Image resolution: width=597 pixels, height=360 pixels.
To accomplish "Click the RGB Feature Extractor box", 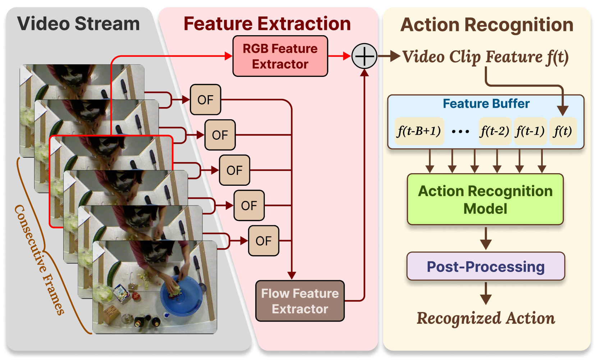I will [x=280, y=56].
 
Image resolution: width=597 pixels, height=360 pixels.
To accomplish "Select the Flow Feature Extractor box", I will [x=300, y=301].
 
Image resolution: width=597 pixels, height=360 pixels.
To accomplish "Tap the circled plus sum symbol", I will [x=364, y=56].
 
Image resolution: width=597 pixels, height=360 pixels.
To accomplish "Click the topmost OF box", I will [x=205, y=100].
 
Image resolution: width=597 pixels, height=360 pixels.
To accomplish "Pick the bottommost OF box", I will [x=263, y=241].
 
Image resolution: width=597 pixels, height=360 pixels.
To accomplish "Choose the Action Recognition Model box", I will [x=485, y=199].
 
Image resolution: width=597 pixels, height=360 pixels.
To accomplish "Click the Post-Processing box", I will [x=486, y=267].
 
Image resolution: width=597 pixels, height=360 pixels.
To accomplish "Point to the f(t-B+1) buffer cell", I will [x=419, y=131].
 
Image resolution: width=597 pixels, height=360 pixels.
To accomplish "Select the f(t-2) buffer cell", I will [x=495, y=131].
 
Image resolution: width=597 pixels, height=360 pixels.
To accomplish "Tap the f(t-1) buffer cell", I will [x=530, y=131].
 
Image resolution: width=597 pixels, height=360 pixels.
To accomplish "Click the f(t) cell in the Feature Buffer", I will [x=563, y=131].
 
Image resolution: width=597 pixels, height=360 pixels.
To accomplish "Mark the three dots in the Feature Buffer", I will [x=460, y=131].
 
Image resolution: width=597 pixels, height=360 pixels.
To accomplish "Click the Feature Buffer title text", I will [x=486, y=103].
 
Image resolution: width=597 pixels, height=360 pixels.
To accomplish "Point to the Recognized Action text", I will [x=486, y=318].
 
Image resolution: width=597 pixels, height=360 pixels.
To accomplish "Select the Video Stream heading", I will [x=78, y=24].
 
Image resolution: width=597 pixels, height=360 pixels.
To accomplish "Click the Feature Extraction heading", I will [x=267, y=24].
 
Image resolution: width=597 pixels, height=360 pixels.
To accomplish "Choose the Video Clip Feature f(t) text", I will [x=485, y=57].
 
